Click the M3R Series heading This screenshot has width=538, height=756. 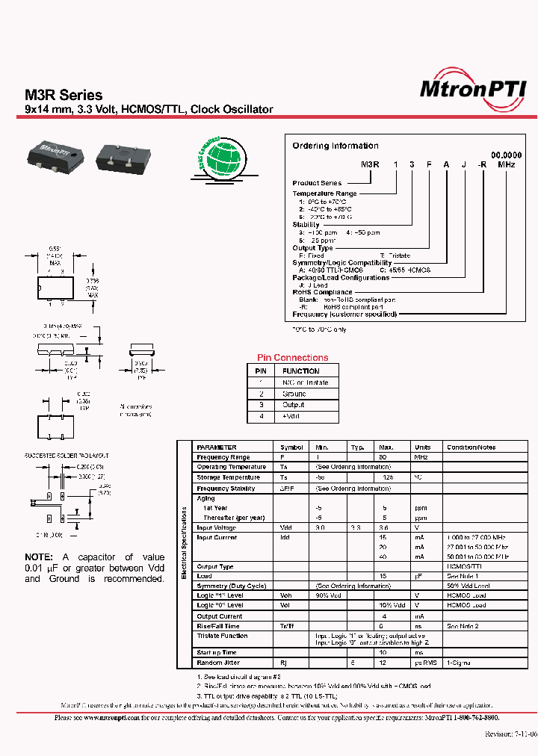coord(64,96)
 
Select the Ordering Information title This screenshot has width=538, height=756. coord(335,146)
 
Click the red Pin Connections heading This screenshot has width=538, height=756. coord(292,358)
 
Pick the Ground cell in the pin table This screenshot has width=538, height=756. coord(294,394)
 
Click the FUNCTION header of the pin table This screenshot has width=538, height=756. coord(300,371)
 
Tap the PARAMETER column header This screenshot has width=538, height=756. coord(217,447)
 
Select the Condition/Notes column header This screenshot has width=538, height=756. coord(471,447)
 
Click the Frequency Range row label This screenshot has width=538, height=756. coord(223,457)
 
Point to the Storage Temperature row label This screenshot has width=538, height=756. coord(228,477)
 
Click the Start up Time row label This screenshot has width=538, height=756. coord(217,652)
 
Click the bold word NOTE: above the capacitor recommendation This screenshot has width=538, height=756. coord(39,557)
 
